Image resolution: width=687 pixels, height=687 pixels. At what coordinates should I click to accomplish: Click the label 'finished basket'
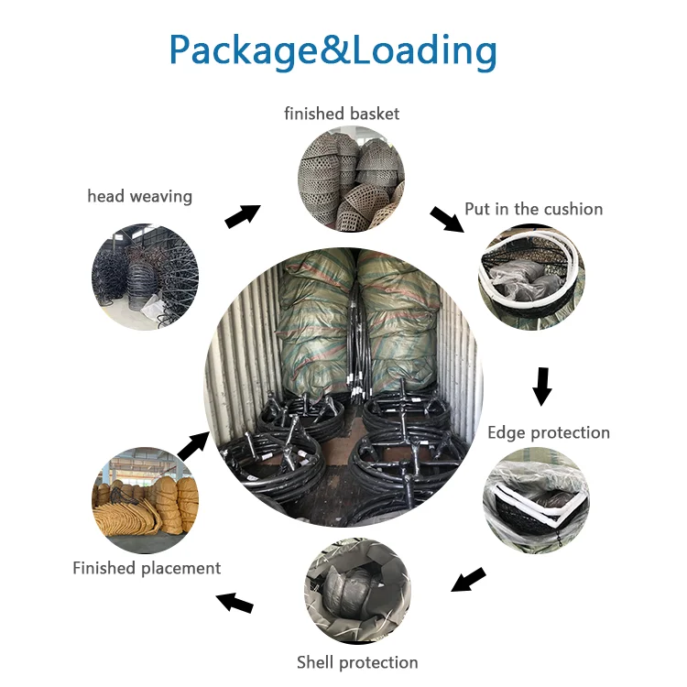pos(342,114)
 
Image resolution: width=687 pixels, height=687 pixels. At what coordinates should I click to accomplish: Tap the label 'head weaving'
pos(140,196)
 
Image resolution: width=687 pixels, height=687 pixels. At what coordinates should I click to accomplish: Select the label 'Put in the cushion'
pos(534,209)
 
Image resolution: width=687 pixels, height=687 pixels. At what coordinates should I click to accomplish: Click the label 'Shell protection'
pos(357,662)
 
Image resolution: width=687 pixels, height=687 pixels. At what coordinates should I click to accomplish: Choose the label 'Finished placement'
pos(147,568)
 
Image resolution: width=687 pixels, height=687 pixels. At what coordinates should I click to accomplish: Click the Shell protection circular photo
pos(357,592)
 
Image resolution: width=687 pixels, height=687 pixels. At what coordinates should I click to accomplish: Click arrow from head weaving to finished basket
pos(243,216)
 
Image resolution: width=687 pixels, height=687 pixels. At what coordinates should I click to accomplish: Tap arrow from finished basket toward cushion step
pos(446,219)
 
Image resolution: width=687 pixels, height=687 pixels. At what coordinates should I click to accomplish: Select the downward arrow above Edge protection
pos(542,386)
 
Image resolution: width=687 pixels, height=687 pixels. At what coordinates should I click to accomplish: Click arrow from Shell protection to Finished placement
pos(234,602)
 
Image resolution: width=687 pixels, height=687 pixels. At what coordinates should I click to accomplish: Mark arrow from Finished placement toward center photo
pos(192,445)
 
